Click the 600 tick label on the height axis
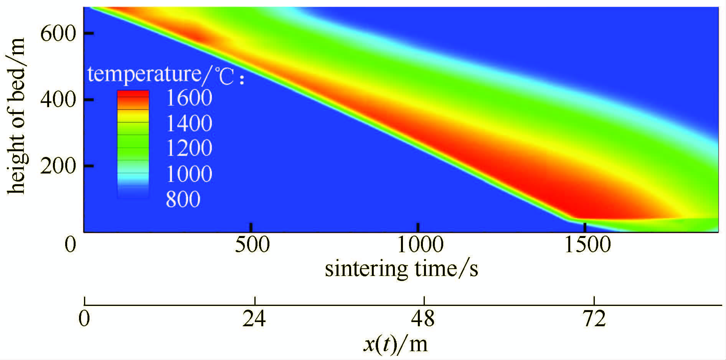tap(58, 34)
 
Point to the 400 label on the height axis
tap(58, 100)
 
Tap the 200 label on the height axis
tap(58, 166)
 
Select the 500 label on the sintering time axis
tap(252, 245)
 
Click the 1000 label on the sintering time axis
tap(420, 245)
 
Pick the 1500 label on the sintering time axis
tap(587, 245)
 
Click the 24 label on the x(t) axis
tap(254, 319)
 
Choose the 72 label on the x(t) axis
tap(594, 319)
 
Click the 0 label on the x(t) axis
tap(84, 319)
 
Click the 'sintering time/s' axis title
tap(401, 269)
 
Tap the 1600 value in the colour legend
tap(189, 98)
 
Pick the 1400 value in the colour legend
tap(189, 123)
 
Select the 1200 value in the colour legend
tap(189, 148)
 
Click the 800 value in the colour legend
tap(183, 199)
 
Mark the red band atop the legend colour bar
tap(133, 94)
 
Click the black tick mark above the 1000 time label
tap(418, 227)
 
